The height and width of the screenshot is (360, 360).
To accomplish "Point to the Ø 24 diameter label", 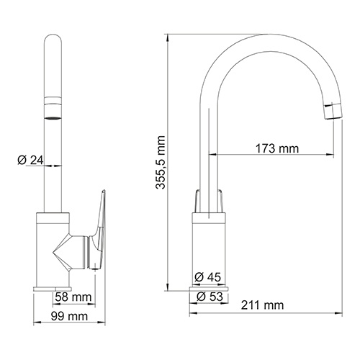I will [31, 160].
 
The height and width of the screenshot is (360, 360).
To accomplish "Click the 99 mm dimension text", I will [71, 316].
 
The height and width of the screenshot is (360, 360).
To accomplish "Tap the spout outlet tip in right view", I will [333, 109].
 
